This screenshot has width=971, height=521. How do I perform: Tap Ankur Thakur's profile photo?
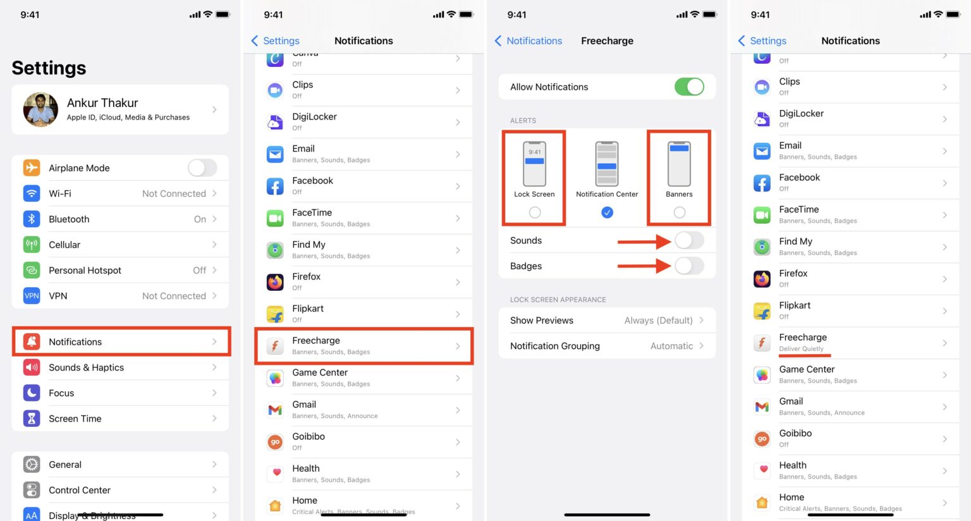point(40,109)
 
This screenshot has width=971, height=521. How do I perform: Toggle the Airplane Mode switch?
point(202,168)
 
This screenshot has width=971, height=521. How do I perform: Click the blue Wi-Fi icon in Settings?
point(32,193)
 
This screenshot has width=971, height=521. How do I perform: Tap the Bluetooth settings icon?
point(32,219)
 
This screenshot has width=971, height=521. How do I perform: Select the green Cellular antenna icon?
point(32,245)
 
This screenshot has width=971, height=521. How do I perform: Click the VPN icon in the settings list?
point(32,295)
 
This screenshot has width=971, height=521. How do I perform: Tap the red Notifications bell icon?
point(32,341)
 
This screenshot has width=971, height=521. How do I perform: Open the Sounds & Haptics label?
point(86,367)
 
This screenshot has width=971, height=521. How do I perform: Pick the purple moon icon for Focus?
point(32,393)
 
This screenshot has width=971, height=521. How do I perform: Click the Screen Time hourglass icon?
point(32,419)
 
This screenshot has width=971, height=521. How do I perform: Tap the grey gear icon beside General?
point(32,464)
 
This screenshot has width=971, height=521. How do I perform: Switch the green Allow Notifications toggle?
point(689,87)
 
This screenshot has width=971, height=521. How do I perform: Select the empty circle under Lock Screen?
point(535,212)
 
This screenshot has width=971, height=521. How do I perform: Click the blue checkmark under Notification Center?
point(607,212)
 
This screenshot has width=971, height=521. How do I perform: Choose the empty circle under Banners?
point(680,212)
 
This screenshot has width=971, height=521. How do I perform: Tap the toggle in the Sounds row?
point(689,240)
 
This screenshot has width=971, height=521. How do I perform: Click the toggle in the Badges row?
point(689,266)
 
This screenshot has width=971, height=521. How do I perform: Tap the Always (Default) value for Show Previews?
point(658,321)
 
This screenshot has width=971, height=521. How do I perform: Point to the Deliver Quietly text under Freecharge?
point(801,349)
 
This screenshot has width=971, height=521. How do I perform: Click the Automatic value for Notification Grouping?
point(671,346)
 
